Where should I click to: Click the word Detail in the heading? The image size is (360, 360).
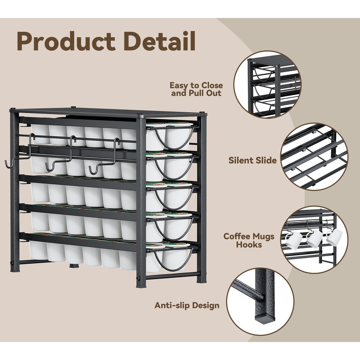click(x=159, y=41)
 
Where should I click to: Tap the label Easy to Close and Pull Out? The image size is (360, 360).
click(x=197, y=90)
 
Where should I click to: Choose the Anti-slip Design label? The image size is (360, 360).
click(x=187, y=306)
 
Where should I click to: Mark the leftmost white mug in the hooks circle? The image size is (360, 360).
click(x=292, y=240)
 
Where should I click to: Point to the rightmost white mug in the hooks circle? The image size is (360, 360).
click(x=334, y=237)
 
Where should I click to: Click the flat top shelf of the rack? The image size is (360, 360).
click(x=108, y=113)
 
